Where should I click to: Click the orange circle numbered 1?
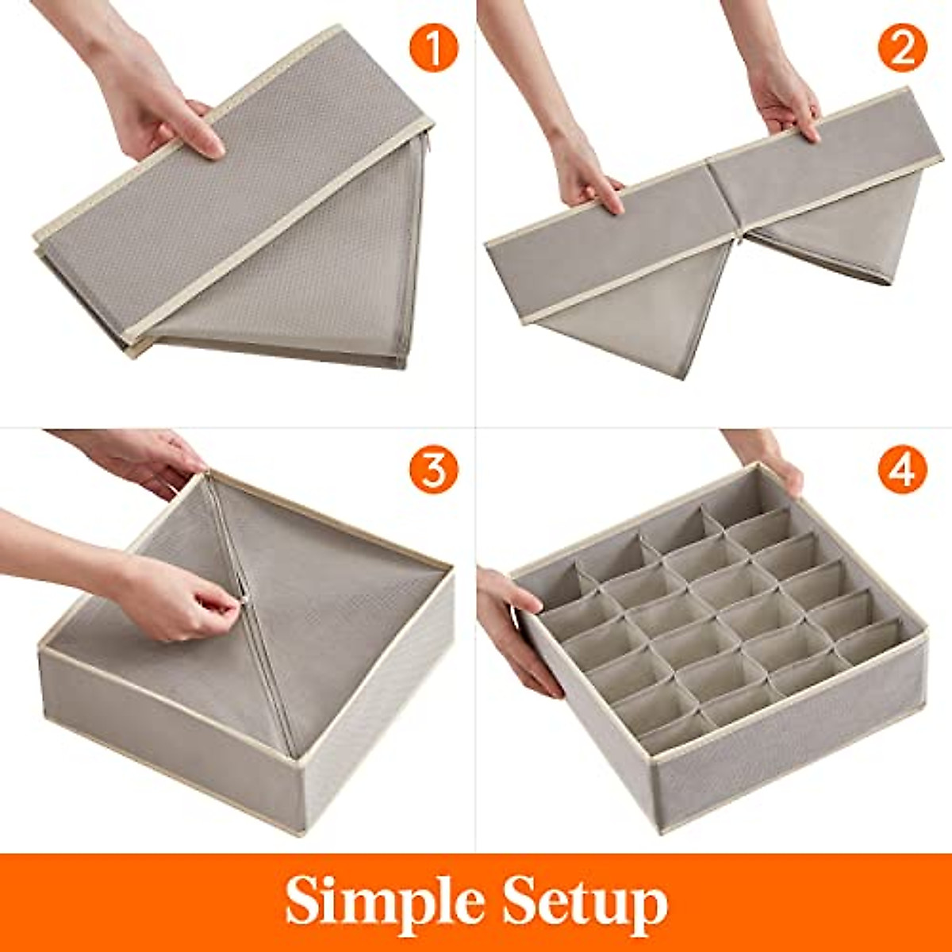[x=433, y=48]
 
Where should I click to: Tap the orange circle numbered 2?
[x=903, y=48]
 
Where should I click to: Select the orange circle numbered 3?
[x=433, y=470]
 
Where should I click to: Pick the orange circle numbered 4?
[x=903, y=470]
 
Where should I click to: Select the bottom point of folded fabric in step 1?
[x=401, y=365]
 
